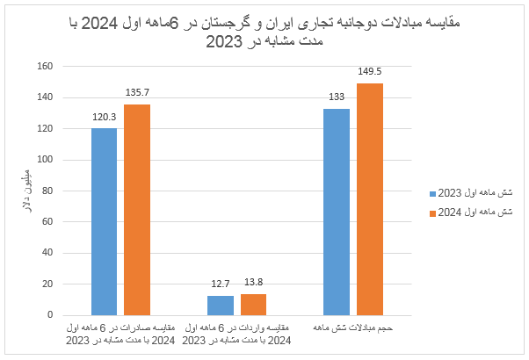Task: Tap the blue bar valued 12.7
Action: (x=221, y=305)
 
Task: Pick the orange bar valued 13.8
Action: (x=253, y=304)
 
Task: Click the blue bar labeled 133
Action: (x=337, y=212)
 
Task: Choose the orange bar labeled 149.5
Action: (x=370, y=198)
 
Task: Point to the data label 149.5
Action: (x=370, y=71)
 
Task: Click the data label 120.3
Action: (x=104, y=116)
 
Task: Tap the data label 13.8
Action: (x=253, y=283)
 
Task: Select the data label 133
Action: (x=337, y=97)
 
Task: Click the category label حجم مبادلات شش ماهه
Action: (x=353, y=328)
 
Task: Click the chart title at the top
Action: (x=264, y=31)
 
